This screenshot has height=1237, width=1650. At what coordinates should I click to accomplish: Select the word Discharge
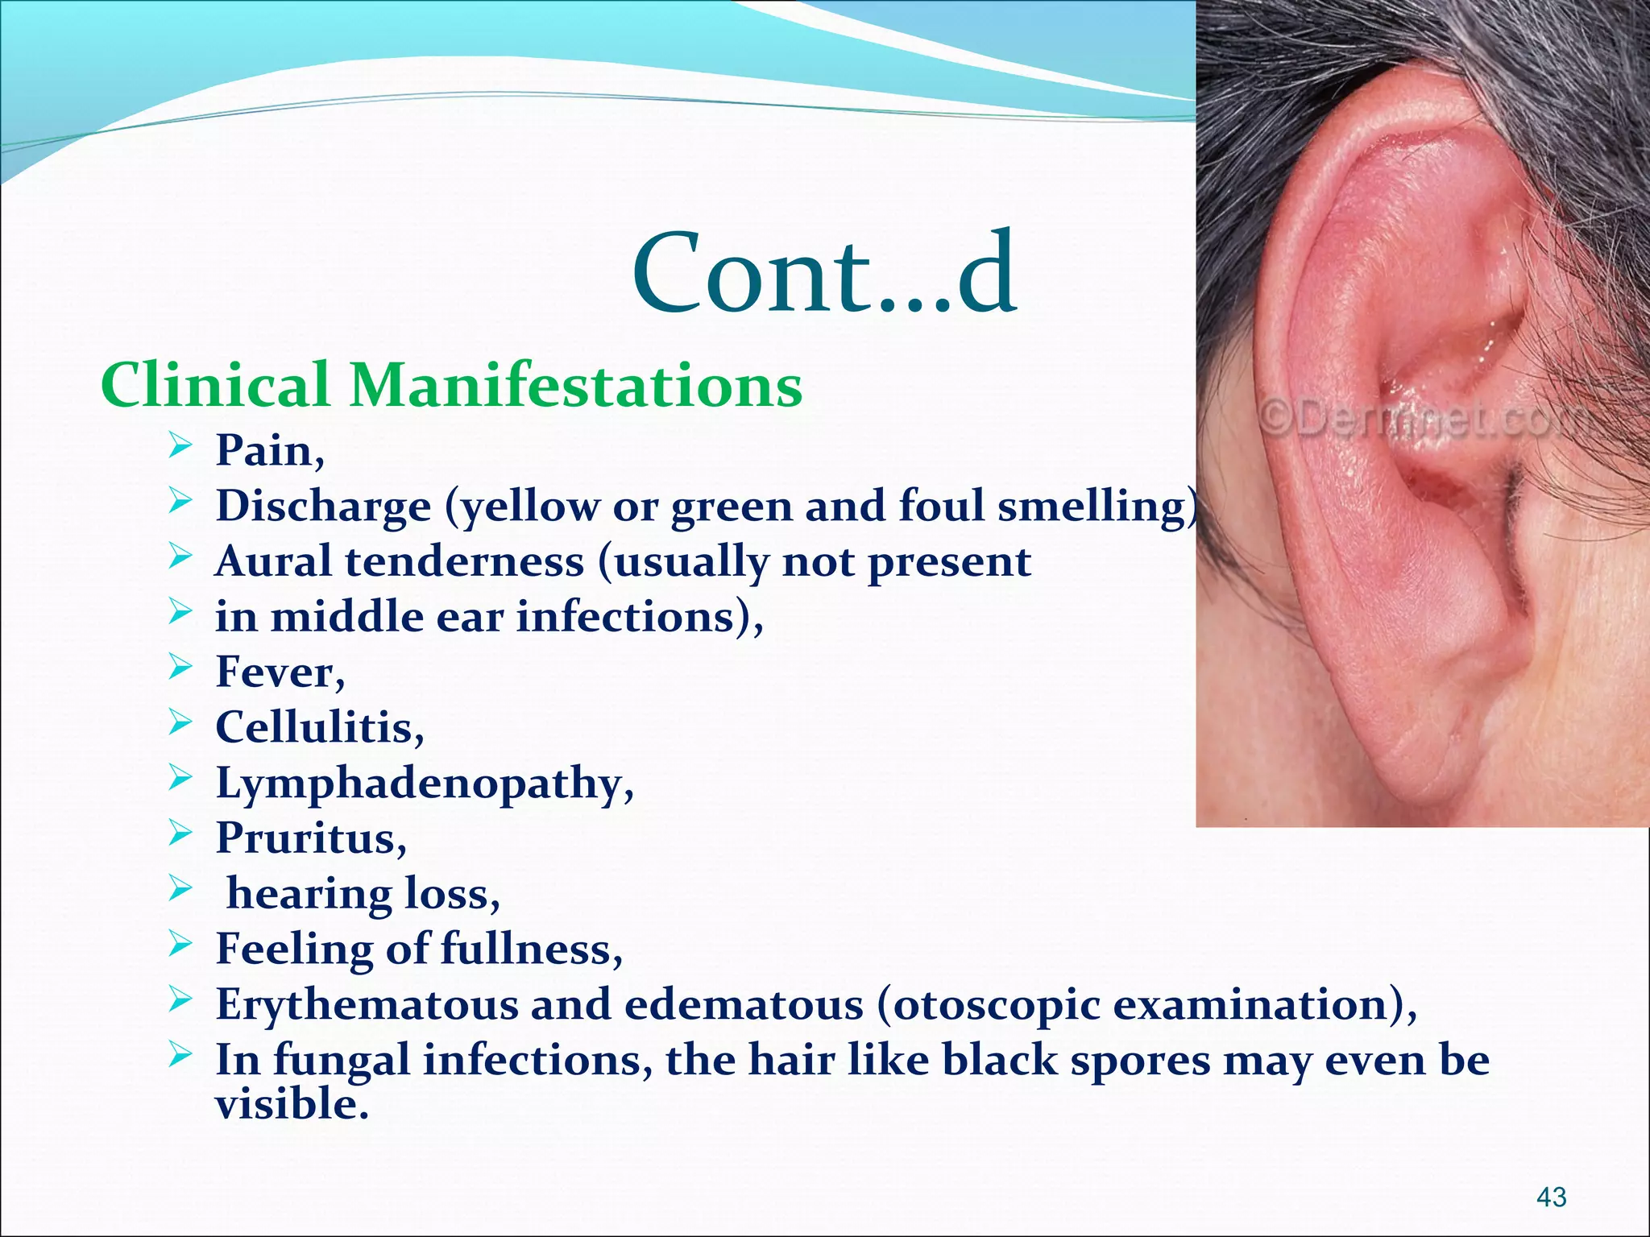tap(323, 507)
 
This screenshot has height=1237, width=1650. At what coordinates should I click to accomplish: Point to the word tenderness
tap(464, 561)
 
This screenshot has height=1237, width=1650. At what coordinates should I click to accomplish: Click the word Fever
tap(273, 672)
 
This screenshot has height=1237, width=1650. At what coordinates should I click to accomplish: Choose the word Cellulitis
tap(313, 727)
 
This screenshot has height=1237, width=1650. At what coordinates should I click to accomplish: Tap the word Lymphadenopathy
tap(418, 784)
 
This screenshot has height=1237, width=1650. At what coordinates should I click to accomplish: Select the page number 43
tap(1552, 1198)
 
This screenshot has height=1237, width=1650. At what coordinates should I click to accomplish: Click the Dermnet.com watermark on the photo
tap(1418, 419)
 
